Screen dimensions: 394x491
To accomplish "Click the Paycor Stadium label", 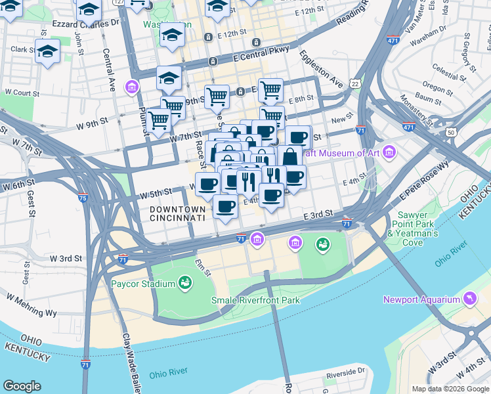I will click(x=142, y=284).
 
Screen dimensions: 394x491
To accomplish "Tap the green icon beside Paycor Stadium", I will click(x=185, y=283).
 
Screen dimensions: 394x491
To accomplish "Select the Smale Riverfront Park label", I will click(x=255, y=300).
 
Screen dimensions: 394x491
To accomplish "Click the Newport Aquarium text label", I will click(x=421, y=300).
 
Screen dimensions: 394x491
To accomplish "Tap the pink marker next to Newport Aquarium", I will click(x=469, y=300).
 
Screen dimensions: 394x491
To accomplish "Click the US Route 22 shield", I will click(x=355, y=83).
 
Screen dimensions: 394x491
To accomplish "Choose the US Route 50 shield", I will click(x=450, y=133).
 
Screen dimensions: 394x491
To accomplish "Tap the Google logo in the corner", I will click(x=22, y=386).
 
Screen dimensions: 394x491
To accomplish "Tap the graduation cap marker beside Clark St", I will click(x=47, y=51).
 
